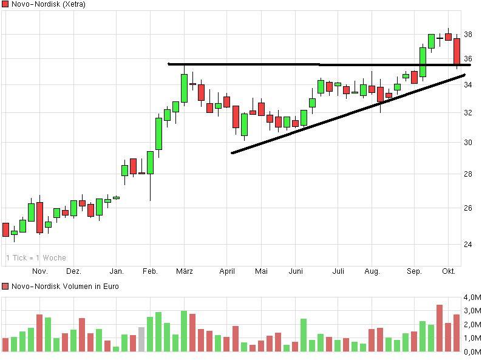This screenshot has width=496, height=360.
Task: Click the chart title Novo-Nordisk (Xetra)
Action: tap(48, 4)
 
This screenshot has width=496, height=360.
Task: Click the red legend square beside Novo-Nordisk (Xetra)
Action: tap(5, 4)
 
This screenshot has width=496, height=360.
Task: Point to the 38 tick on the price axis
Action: tap(467, 35)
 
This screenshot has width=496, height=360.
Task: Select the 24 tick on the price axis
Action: tap(467, 245)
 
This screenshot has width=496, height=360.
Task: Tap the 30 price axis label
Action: tap(467, 143)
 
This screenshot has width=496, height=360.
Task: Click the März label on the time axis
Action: tap(185, 271)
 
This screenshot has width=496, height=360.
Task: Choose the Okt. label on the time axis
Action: tap(449, 271)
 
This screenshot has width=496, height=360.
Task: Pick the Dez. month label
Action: tap(73, 271)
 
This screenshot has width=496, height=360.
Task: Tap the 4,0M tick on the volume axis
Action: tap(472, 297)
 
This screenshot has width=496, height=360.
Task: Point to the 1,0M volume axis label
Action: tap(472, 338)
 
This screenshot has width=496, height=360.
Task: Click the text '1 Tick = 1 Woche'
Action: tap(36, 258)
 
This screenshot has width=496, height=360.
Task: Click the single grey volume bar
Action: tap(141, 339)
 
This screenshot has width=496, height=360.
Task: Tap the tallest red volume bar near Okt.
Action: tap(440, 328)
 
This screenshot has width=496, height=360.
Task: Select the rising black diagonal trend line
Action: tap(346, 114)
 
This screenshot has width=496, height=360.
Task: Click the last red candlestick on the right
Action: tap(457, 51)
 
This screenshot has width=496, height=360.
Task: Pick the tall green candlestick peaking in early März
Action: tap(184, 88)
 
